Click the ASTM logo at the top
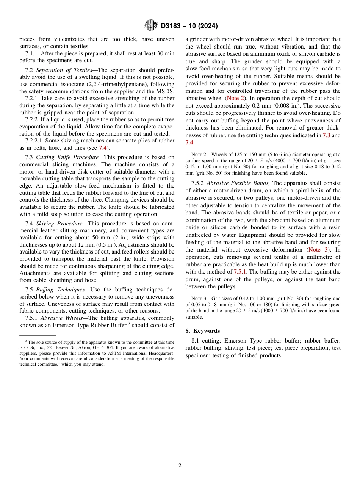[151, 26]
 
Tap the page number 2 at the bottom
[180, 466]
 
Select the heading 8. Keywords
[202, 331]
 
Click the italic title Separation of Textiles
[64, 70]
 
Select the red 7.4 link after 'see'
[102, 148]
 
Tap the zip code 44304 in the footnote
[113, 347]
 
